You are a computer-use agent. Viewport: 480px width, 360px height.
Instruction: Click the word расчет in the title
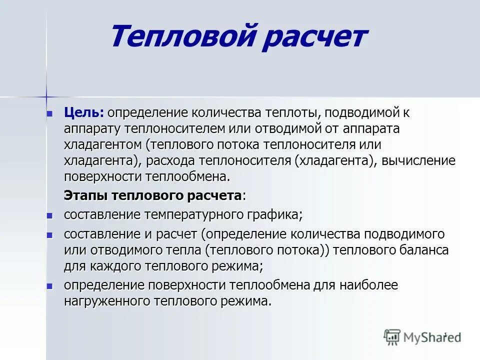pyautogui.click(x=314, y=37)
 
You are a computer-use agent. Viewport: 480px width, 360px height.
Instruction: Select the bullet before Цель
pyautogui.click(x=49, y=113)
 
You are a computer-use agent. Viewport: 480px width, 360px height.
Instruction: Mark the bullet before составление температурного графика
pyautogui.click(x=49, y=215)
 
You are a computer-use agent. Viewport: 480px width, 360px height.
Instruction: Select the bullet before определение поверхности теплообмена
pyautogui.click(x=49, y=285)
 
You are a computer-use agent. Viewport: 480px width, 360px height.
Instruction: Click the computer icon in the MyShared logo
pyautogui.click(x=392, y=336)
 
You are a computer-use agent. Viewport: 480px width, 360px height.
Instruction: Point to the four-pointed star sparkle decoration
pyautogui.click(x=46, y=95)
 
